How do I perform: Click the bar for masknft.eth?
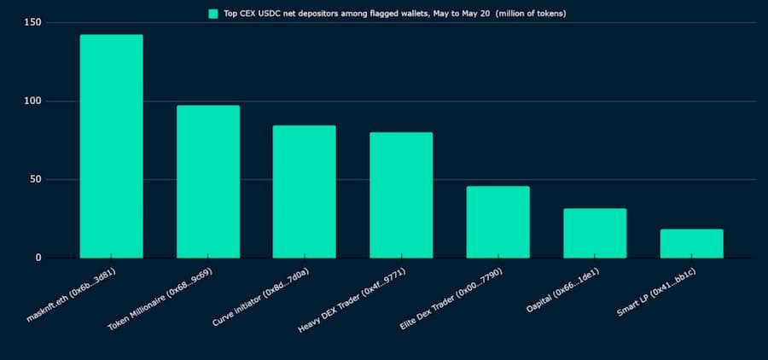pyautogui.click(x=111, y=146)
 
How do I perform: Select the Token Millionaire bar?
pyautogui.click(x=207, y=181)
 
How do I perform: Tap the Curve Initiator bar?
pyautogui.click(x=304, y=191)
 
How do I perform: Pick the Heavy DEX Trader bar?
pyautogui.click(x=401, y=195)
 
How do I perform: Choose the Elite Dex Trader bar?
pyautogui.click(x=497, y=222)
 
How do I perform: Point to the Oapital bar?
pyautogui.click(x=595, y=233)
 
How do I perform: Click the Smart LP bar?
pyautogui.click(x=691, y=243)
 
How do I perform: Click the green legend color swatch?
pyautogui.click(x=213, y=14)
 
